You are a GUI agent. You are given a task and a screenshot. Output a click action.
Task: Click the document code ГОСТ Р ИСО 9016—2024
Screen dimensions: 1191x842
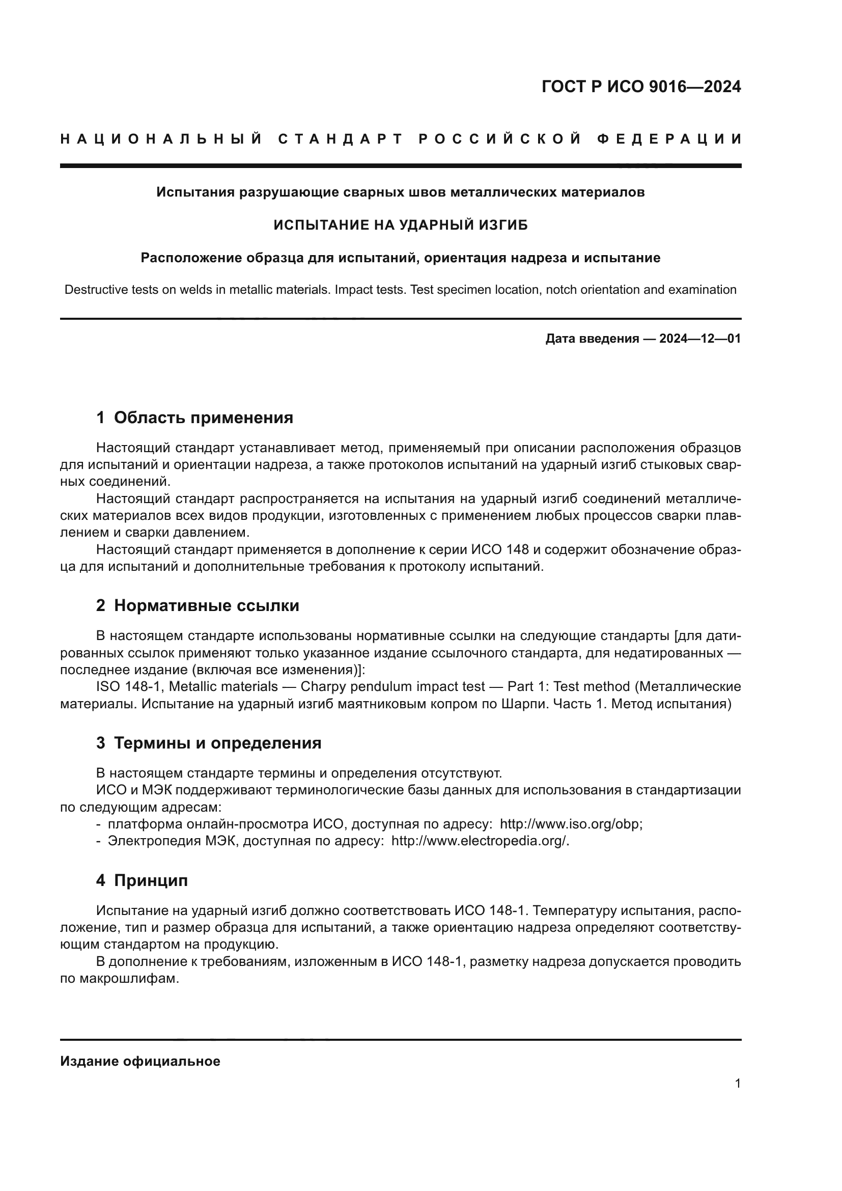point(641,87)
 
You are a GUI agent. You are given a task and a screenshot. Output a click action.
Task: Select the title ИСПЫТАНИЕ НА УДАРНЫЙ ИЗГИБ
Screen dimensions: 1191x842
point(400,225)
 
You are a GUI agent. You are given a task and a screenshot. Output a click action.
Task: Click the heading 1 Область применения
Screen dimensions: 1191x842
point(194,418)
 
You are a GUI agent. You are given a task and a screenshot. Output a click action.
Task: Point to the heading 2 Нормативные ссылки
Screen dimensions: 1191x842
point(198,606)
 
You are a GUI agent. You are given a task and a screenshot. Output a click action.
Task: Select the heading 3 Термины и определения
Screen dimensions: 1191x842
point(208,743)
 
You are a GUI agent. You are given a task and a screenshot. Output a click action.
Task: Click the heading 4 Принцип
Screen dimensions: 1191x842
point(142,880)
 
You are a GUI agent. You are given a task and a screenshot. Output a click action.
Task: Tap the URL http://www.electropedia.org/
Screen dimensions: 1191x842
point(479,841)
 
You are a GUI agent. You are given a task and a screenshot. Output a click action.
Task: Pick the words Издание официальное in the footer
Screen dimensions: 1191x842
point(140,1061)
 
